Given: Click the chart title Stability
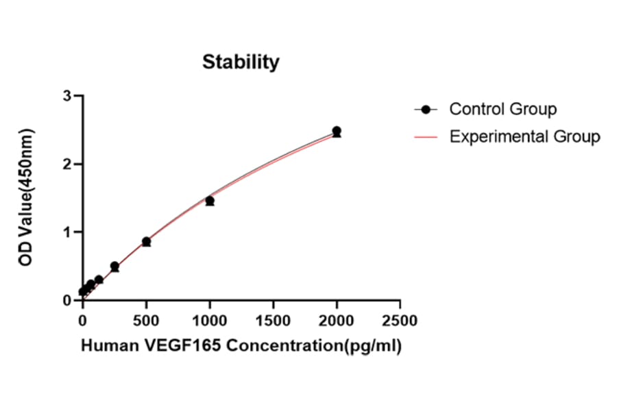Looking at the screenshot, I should (241, 62).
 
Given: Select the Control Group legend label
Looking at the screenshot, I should (503, 109).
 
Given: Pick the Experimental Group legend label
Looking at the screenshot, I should (524, 136).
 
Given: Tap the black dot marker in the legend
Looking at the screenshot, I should (426, 110).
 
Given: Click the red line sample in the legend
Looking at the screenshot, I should (426, 137).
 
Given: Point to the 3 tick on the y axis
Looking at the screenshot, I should (67, 96).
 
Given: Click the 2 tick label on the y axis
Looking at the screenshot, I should (67, 164).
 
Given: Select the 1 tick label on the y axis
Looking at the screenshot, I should (67, 232).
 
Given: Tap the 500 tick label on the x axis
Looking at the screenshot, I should (146, 321).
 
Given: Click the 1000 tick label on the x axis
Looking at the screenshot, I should (210, 321).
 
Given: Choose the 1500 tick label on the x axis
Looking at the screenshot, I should (273, 321).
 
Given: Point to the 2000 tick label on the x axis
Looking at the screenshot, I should (337, 321).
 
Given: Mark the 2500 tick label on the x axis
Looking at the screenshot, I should (400, 321).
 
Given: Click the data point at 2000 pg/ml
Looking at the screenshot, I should (337, 131).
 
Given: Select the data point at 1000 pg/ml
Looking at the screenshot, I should (210, 201).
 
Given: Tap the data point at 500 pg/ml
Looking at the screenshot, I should (146, 241).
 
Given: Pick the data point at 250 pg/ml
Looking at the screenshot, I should (114, 266).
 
